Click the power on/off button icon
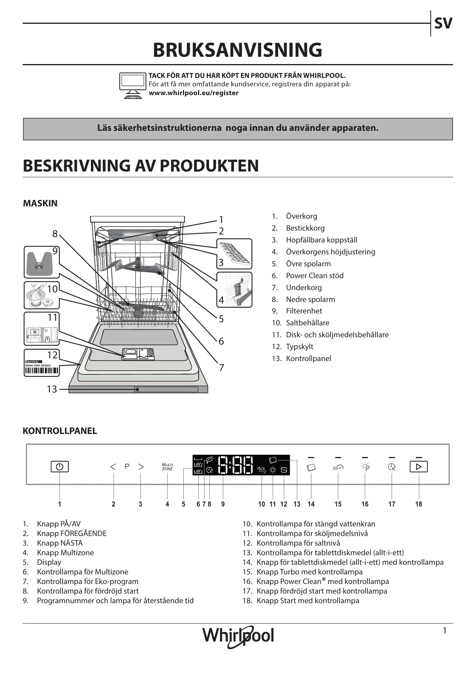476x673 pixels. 59,467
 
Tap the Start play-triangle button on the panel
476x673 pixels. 418,467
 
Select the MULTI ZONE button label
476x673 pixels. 167,467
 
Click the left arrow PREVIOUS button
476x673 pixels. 113,467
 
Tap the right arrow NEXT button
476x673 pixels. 141,467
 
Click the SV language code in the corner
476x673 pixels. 443,23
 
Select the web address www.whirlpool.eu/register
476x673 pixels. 193,93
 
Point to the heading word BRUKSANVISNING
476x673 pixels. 237,50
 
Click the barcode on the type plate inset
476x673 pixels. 42,371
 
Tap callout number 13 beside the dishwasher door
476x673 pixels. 52,389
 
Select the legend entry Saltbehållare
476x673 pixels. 307,323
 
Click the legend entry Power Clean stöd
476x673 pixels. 315,275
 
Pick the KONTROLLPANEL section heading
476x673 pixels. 60,431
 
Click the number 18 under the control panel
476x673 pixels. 418,504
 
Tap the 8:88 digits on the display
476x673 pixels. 236,465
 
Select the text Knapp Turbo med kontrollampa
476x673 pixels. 309,572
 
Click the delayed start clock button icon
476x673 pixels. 392,467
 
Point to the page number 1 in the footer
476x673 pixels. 445,630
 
